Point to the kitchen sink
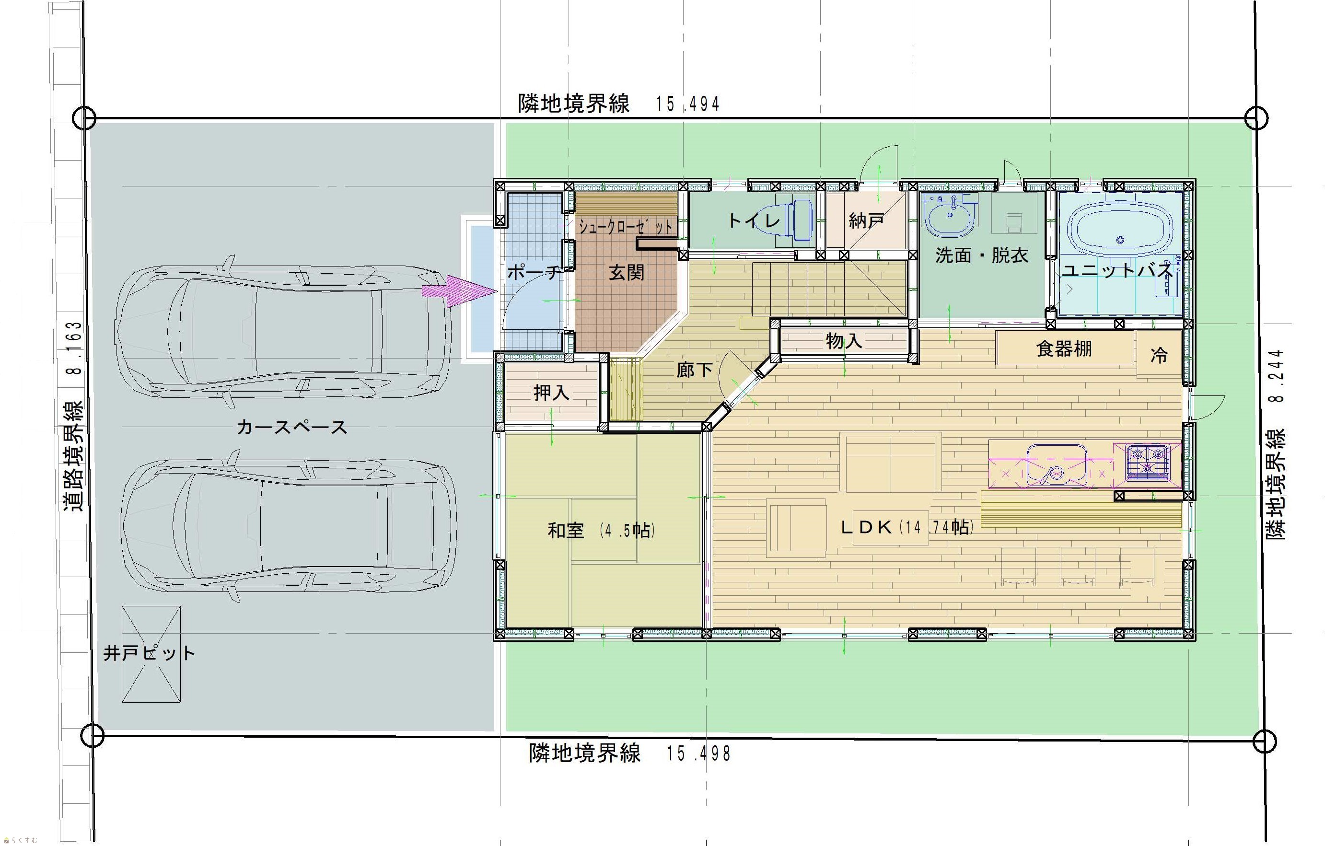coord(1057,465)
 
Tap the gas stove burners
coord(1147,462)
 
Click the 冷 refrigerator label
coord(1159,355)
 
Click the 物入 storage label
coord(844,341)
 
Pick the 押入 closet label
coord(551,392)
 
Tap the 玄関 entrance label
coord(626,272)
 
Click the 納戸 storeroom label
coord(866,220)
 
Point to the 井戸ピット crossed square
coord(151,654)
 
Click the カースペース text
coord(292,427)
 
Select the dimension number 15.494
coord(688,104)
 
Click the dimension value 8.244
coord(1278,376)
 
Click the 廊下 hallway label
coord(695,370)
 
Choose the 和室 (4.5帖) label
coord(602,530)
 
